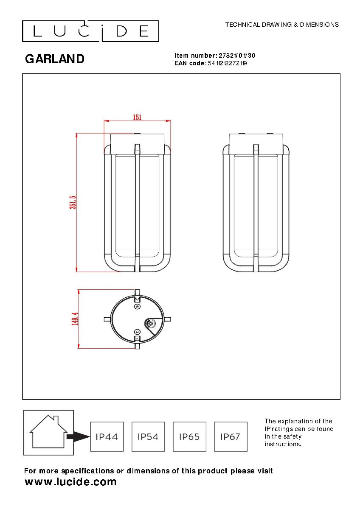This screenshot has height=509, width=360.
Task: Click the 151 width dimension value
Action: coord(137,117)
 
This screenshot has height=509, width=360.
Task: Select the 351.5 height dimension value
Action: coord(73,202)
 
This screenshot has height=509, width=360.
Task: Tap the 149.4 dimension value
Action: coord(75,319)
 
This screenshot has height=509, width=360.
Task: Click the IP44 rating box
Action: coord(107,436)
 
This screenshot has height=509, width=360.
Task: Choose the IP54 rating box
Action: coord(148,436)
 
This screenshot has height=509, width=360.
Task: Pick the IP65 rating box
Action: coord(189,436)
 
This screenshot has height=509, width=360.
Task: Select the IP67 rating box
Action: coord(231,436)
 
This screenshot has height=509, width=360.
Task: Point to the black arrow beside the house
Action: coord(79,436)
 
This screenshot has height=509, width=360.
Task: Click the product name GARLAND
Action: coord(55,59)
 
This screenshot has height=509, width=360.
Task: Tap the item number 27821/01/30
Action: coord(237,56)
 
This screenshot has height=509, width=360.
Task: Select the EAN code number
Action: coord(228,63)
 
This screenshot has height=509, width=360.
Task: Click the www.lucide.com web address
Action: coord(70,482)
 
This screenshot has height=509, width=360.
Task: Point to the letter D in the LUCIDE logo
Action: coord(121,31)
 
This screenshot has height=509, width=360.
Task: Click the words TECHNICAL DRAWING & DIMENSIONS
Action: coord(282,25)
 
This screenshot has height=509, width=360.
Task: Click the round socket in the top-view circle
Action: coord(150,323)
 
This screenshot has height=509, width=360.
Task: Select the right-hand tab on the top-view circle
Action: coord(167,319)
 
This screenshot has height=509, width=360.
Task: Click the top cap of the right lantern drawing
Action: coord(256,143)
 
